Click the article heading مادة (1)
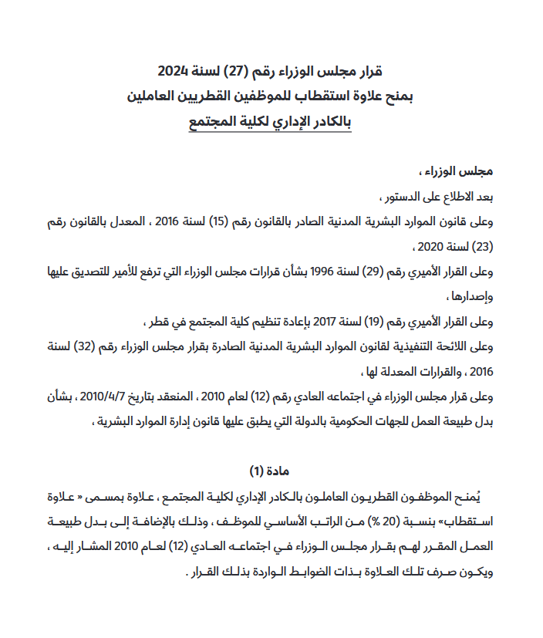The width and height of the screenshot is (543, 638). (269, 471)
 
